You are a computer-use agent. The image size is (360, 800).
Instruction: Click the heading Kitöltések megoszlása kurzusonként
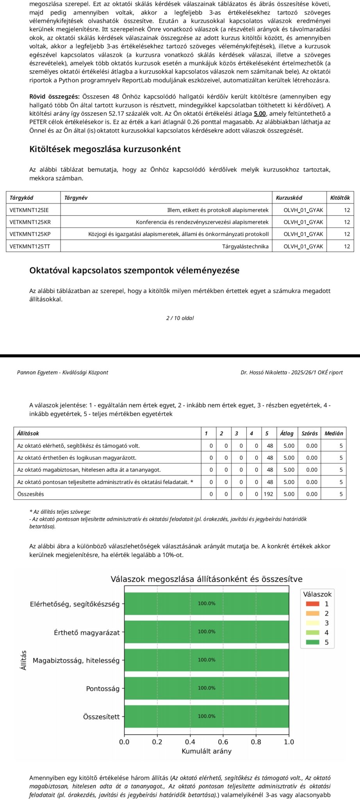pyautogui.click(x=105, y=149)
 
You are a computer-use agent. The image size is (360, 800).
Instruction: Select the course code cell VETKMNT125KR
pyautogui.click(x=30, y=222)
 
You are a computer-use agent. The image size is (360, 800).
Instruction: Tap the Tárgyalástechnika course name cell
pyautogui.click(x=245, y=246)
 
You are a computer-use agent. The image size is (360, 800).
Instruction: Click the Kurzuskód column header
pyautogui.click(x=289, y=198)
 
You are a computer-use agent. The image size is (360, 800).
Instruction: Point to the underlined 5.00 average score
pyautogui.click(x=260, y=114)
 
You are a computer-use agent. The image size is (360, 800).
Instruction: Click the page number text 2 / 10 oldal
pyautogui.click(x=180, y=318)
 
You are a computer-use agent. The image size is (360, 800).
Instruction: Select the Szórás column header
pyautogui.click(x=310, y=434)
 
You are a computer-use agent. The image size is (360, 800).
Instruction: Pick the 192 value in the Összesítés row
pyautogui.click(x=268, y=494)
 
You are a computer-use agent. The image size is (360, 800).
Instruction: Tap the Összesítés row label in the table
pyautogui.click(x=30, y=494)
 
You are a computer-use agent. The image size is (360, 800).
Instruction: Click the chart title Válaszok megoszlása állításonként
pyautogui.click(x=207, y=579)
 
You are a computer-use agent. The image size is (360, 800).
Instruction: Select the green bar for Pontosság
pyautogui.click(x=207, y=688)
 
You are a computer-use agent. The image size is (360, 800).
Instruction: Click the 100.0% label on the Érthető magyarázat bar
pyautogui.click(x=207, y=632)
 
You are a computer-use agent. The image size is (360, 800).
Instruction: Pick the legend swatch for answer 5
pyautogui.click(x=312, y=642)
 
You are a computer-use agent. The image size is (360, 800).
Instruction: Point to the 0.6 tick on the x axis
pyautogui.click(x=223, y=742)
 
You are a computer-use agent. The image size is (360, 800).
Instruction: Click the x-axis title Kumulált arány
pyautogui.click(x=207, y=751)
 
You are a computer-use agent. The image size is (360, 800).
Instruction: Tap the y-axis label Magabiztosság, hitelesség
pyautogui.click(x=76, y=661)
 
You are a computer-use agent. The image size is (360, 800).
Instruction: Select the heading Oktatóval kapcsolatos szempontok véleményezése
pyautogui.click(x=134, y=271)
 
